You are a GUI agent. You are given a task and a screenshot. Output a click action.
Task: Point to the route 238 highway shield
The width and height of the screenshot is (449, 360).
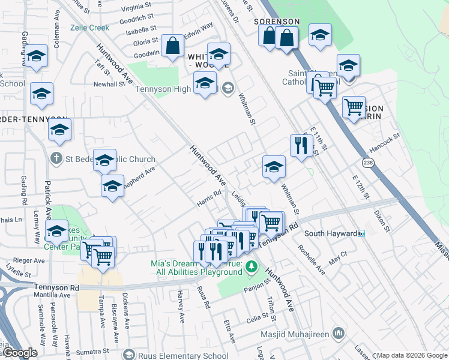pos(369,163)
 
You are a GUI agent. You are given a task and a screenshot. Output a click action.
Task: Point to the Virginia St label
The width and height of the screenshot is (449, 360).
pos(136,8)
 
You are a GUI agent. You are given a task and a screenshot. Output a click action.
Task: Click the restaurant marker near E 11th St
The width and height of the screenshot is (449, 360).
pos(300,145)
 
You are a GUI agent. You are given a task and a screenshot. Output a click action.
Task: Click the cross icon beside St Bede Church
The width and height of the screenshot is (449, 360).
pos(56,159)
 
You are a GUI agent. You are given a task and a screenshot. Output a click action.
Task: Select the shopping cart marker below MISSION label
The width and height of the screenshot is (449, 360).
pos(354,107)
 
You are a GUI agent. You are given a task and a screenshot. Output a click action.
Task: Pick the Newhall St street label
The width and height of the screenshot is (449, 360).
pos(109,85)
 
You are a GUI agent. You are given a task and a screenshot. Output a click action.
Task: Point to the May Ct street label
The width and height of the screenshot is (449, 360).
pos(339,254)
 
